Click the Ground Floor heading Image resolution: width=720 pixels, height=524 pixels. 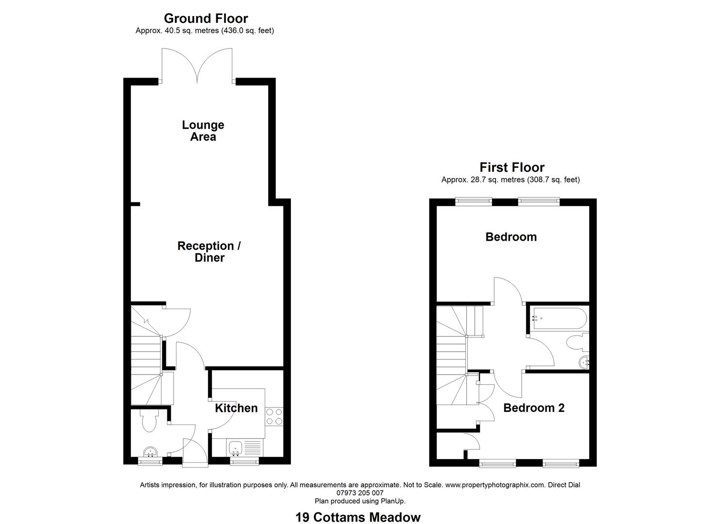click(x=206, y=18)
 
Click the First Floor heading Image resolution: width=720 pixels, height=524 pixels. click(x=512, y=167)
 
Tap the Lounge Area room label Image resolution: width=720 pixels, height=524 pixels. click(x=203, y=131)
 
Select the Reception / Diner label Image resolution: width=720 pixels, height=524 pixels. click(x=209, y=251)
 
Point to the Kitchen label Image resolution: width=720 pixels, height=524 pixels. click(x=236, y=408)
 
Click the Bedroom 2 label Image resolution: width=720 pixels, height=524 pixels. click(x=534, y=408)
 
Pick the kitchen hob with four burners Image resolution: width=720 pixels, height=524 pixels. click(x=274, y=417)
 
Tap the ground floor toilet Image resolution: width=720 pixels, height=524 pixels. click(x=149, y=421)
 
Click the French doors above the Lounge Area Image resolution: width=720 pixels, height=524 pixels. click(x=197, y=65)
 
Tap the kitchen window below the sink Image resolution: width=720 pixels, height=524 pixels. click(x=244, y=461)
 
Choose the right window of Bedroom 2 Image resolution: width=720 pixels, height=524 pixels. click(x=560, y=463)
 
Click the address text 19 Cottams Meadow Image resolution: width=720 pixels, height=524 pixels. click(x=358, y=517)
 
